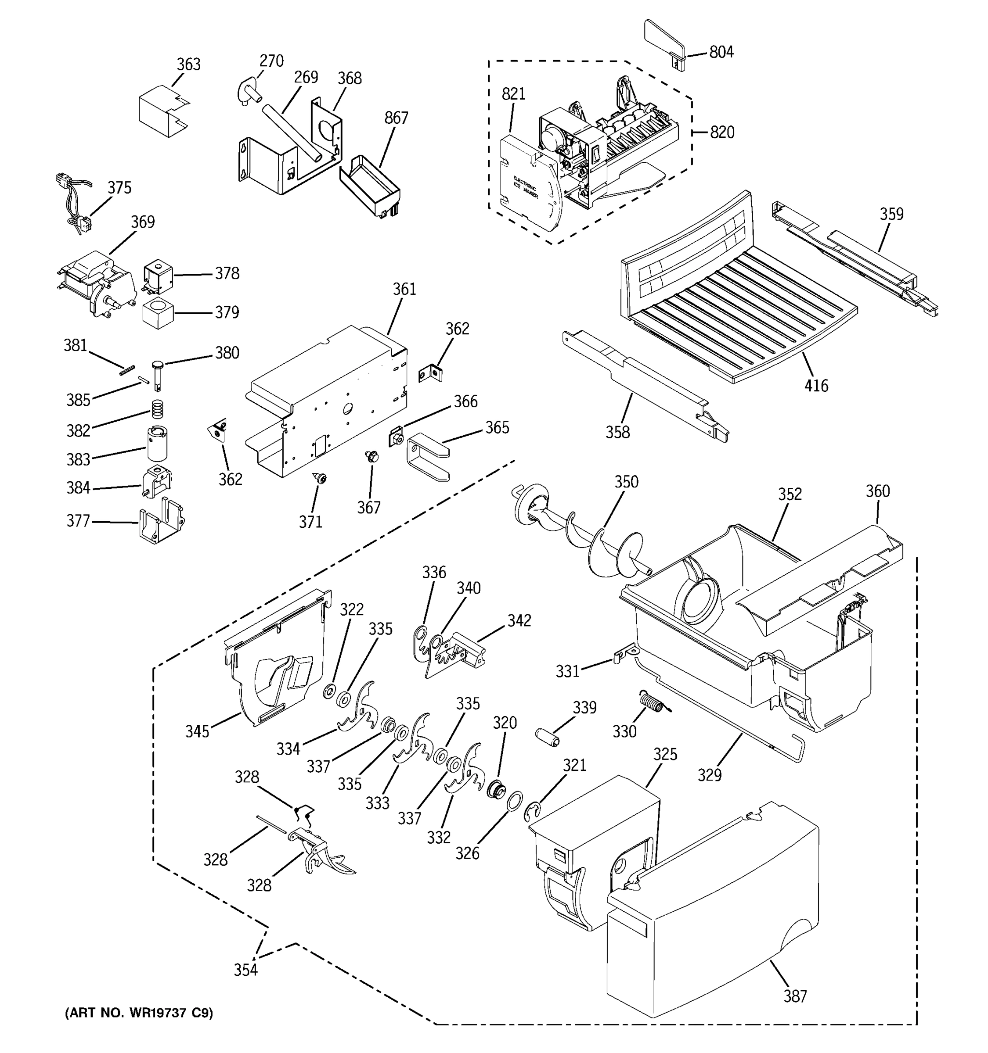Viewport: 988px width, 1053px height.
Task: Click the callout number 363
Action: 188,64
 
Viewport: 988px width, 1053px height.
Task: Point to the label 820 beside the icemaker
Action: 722,133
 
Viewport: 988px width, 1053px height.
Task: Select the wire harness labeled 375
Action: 74,204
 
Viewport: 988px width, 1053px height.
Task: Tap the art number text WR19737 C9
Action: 139,1013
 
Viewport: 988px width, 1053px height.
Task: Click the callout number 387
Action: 795,996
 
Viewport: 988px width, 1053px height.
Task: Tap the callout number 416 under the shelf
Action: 816,386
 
